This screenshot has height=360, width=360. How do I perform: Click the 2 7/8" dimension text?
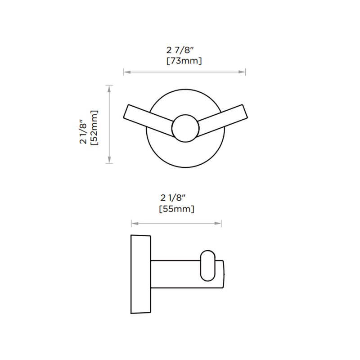tap(185, 50)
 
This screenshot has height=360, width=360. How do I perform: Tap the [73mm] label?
tap(185, 60)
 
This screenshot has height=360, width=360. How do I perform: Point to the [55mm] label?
tap(176, 209)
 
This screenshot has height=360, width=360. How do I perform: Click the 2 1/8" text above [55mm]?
tap(173, 198)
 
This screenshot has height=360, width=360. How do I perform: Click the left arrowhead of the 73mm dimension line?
tap(126, 72)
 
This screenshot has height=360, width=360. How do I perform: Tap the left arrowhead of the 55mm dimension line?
tap(134, 223)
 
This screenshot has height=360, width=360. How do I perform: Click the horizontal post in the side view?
tap(175, 274)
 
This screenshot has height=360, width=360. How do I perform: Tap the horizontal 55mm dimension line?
tap(176, 223)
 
